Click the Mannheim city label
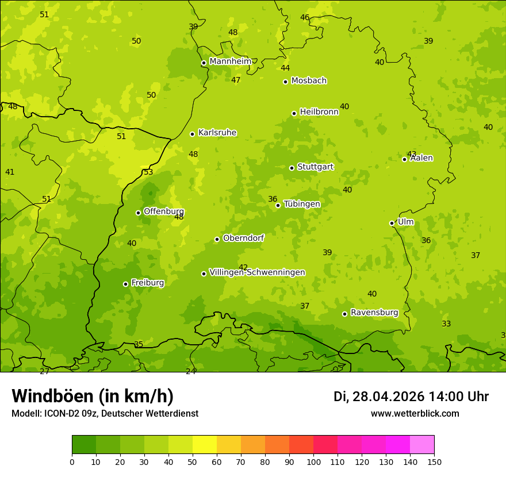coord(230,61)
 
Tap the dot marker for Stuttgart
coord(292,168)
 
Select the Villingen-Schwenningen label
coord(257,272)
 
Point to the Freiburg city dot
coord(125,284)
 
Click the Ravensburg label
coord(374,313)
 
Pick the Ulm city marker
coord(392,223)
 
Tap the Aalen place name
coord(421,158)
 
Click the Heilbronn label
coord(319,112)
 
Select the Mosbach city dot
coord(285,82)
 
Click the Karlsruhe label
coord(217,133)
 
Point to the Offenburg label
coord(164,211)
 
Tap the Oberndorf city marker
coord(217,239)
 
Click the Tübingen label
coord(302,204)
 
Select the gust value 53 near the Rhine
coord(148,172)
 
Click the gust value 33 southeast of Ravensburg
coord(446,324)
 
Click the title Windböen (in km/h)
coord(93,396)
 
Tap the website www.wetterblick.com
coord(415,414)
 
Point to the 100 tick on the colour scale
coord(313,461)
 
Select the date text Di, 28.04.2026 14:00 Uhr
coord(411,397)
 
